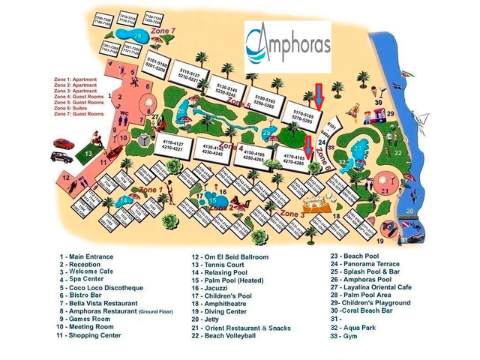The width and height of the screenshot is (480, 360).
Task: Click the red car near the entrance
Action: pos(62,142)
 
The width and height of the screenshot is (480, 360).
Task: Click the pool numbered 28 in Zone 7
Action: pos(136,35)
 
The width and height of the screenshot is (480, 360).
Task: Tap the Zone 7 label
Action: pos(162,31)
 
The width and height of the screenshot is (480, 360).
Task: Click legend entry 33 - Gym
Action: pos(346,327)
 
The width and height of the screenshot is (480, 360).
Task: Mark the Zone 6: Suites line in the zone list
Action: pos(74,108)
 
